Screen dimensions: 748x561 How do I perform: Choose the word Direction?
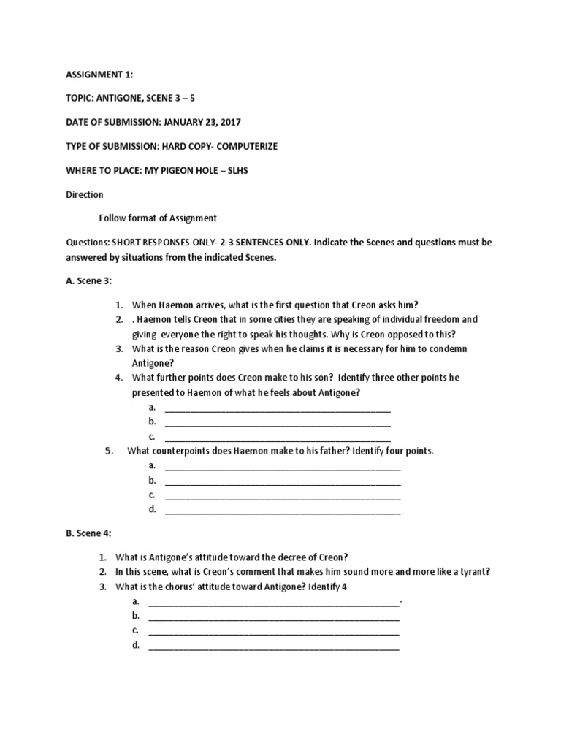pyautogui.click(x=85, y=194)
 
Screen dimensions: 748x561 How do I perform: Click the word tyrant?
pyautogui.click(x=473, y=571)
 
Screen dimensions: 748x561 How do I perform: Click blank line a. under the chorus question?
pyautogui.click(x=273, y=601)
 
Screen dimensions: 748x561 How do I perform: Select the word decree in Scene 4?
pyautogui.click(x=289, y=557)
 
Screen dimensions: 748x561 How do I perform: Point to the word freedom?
pyautogui.click(x=457, y=319)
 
